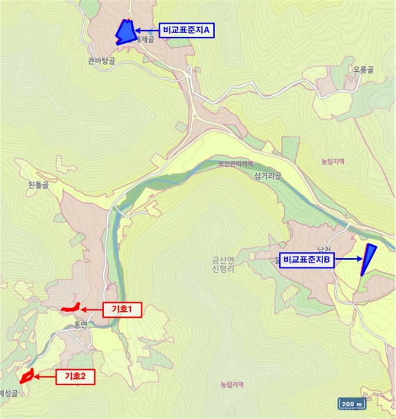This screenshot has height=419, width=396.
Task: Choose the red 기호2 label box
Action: coord(75,377)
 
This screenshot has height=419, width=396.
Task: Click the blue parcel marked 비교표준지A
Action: coord(125,32)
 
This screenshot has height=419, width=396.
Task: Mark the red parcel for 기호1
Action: coord(71,308)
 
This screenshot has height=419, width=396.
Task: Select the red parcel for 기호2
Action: coord(26,377)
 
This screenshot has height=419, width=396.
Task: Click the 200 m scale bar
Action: coord(352,403)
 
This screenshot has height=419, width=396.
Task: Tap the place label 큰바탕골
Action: coord(101,60)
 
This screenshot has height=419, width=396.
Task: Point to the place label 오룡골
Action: coord(363,69)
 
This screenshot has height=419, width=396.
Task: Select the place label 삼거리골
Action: coord(267,175)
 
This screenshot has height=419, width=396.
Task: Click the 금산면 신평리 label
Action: coord(226,264)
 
